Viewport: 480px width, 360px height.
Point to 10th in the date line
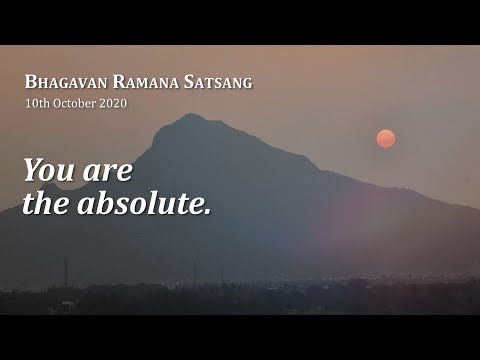pos(37,102)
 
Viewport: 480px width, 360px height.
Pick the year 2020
pos(112,102)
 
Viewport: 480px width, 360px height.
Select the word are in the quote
pos(108,172)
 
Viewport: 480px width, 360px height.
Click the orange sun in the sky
pos(385,138)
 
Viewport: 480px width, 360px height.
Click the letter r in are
pos(108,173)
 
